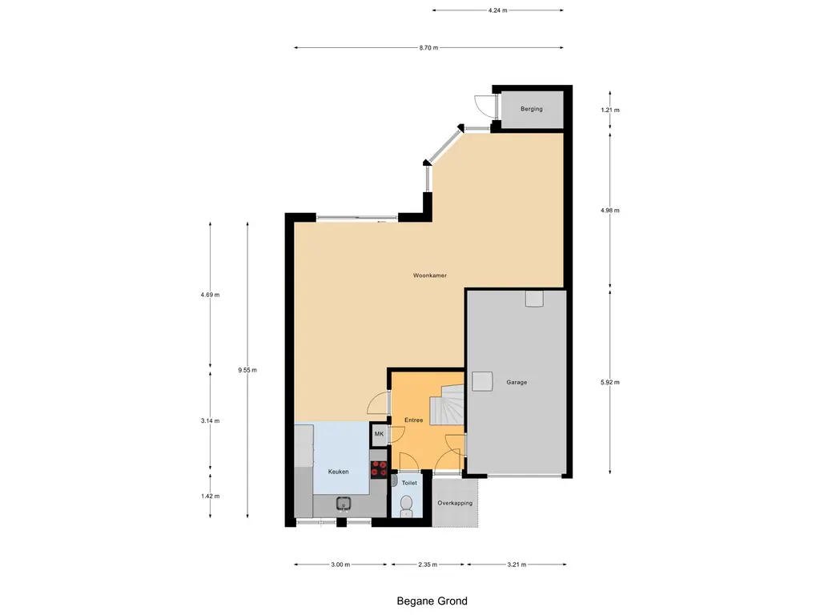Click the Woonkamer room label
429,275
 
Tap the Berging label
531,109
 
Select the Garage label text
517,382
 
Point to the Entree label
413,420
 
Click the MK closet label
379,435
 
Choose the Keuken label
339,472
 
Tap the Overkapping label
455,503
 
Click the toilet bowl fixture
406,504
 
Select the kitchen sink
344,503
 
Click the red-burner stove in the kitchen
379,469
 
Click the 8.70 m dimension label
428,48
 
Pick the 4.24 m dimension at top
497,10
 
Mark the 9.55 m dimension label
247,370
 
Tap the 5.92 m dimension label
611,382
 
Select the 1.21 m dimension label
611,110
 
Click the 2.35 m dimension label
428,565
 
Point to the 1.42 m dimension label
211,496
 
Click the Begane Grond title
432,601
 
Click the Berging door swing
484,105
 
